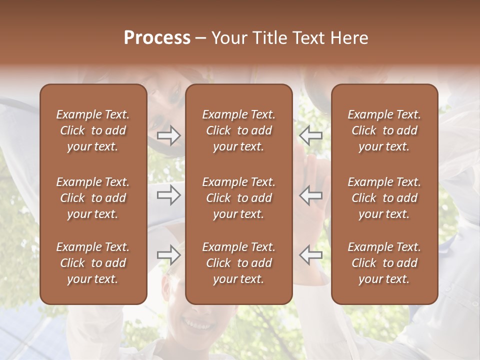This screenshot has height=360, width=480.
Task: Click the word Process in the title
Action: [157, 38]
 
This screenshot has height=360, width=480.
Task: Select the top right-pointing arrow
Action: [169, 135]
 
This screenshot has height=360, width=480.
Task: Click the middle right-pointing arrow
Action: [169, 195]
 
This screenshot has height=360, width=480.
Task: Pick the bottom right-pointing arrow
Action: [169, 255]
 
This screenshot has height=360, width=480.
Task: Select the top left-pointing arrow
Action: [310, 135]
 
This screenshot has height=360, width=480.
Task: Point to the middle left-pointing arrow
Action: [310, 195]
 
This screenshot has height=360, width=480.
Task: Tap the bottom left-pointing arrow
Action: [310, 255]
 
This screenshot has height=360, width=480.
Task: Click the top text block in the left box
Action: [93, 130]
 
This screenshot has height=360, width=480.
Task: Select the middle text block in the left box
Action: [93, 198]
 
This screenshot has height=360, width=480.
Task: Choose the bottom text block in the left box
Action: [93, 263]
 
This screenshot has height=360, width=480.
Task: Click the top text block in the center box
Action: [238, 130]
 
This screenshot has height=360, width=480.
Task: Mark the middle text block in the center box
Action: [238, 198]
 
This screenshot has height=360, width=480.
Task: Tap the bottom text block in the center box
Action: [238, 263]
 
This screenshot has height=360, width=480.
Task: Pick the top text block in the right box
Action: [384, 130]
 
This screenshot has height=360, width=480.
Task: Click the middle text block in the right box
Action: [384, 198]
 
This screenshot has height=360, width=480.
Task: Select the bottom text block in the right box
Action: [384, 263]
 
